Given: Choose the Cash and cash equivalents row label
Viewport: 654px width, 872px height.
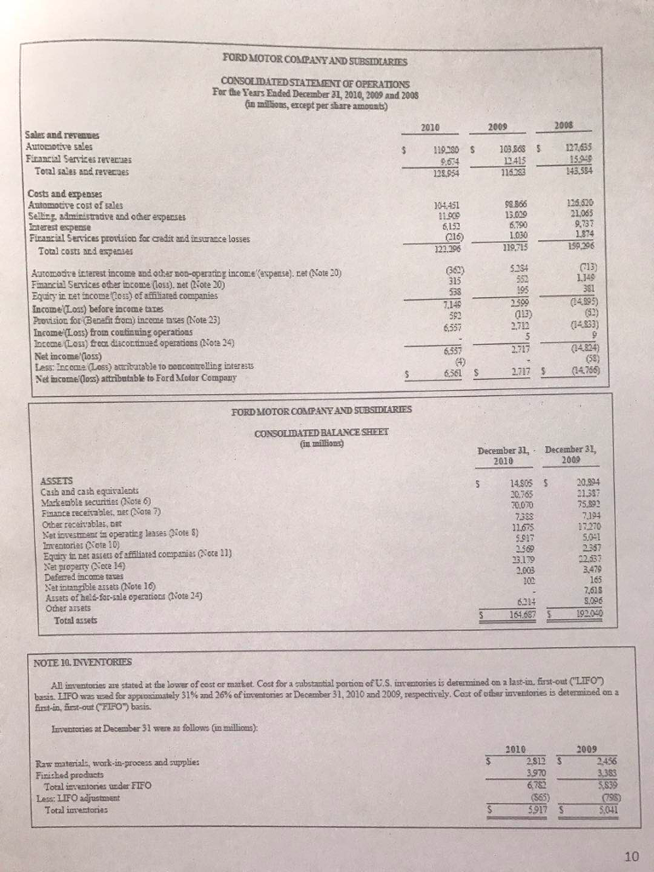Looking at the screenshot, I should [78, 490].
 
